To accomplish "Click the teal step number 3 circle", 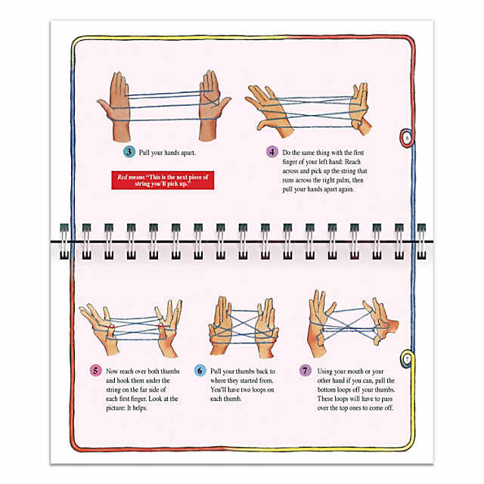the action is tap(129, 152).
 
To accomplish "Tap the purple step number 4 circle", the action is tap(272, 152).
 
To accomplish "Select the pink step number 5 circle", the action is tap(95, 371).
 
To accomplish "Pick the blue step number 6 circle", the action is tap(200, 371).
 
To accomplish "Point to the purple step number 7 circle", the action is tap(306, 371).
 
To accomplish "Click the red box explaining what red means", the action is tap(163, 180).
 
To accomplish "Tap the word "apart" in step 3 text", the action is tap(187, 153).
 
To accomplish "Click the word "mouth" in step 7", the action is tap(349, 371).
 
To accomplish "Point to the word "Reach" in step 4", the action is tap(352, 162).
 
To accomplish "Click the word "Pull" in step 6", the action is tap(216, 371).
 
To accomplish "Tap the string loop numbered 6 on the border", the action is tap(407, 138).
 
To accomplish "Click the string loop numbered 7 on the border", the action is tap(407, 358).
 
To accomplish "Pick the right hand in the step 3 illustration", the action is tap(213, 105).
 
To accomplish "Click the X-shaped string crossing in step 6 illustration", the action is tap(244, 325).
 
